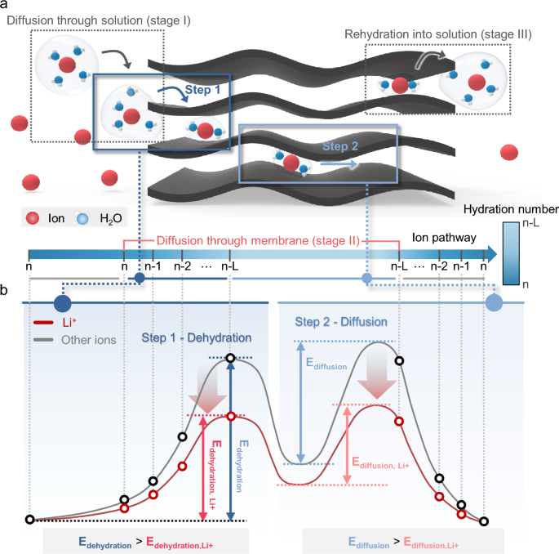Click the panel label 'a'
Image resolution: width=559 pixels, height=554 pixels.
(6, 6)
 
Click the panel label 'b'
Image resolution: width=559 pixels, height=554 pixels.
(6, 289)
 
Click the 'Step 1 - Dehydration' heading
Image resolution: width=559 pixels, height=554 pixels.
(196, 337)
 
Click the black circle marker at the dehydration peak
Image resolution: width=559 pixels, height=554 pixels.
(232, 358)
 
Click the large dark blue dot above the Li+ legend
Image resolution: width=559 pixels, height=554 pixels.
(61, 303)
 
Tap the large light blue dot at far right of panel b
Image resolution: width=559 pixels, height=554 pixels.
(494, 303)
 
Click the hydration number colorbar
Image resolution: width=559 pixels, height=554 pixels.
(512, 252)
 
